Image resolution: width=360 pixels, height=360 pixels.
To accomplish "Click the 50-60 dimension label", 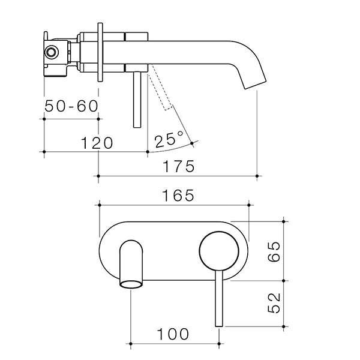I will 71,107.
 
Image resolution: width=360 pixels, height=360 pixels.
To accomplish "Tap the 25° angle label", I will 169,141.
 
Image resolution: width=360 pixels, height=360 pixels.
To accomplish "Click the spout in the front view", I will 131,261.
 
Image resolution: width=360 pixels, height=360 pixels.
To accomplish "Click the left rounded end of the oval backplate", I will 103,252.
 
